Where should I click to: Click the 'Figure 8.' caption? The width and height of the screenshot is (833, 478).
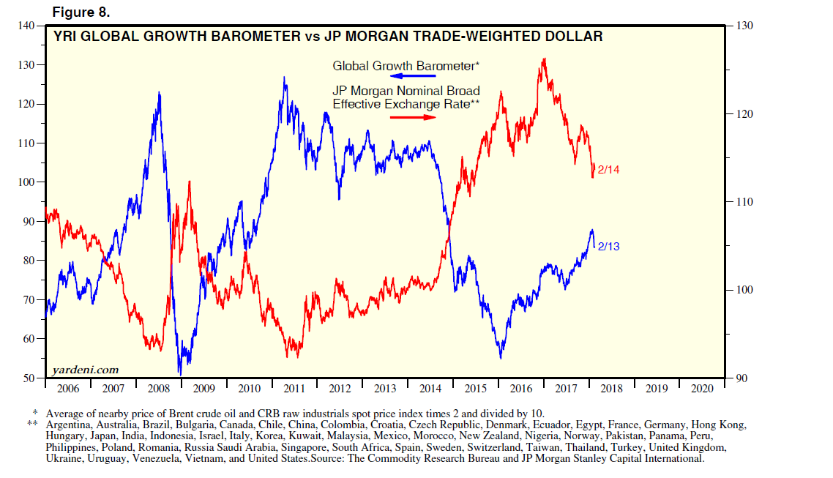(x=80, y=12)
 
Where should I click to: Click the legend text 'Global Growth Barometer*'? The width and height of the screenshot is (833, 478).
(x=406, y=66)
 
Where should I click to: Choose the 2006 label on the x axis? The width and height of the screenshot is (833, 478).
(x=68, y=389)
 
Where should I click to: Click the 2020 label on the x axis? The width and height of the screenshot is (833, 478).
(x=701, y=389)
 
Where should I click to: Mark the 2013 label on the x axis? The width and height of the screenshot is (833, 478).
(x=384, y=389)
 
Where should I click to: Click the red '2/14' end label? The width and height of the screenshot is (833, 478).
(x=609, y=171)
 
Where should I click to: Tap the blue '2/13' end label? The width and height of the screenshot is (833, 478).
(x=608, y=247)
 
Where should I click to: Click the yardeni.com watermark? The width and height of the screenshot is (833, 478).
(x=86, y=370)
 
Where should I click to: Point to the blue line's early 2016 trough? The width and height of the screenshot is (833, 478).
(x=501, y=357)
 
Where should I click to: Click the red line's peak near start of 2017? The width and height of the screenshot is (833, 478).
(x=543, y=59)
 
